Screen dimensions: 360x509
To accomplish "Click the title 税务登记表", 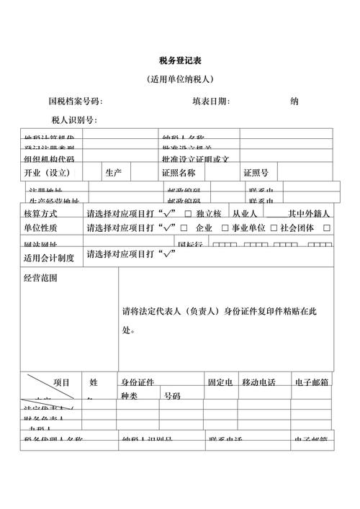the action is click(x=180, y=60).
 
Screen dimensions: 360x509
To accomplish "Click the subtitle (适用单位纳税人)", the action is click(x=180, y=79).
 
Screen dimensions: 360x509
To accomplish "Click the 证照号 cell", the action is click(x=256, y=173).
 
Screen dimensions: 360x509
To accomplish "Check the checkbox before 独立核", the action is click(x=188, y=214).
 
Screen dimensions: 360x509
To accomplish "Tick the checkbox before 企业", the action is click(x=188, y=228).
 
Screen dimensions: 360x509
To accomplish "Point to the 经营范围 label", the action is click(x=40, y=278).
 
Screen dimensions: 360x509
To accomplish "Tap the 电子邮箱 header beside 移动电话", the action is click(x=312, y=382).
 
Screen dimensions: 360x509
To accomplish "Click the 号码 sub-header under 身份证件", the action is click(x=172, y=396).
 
